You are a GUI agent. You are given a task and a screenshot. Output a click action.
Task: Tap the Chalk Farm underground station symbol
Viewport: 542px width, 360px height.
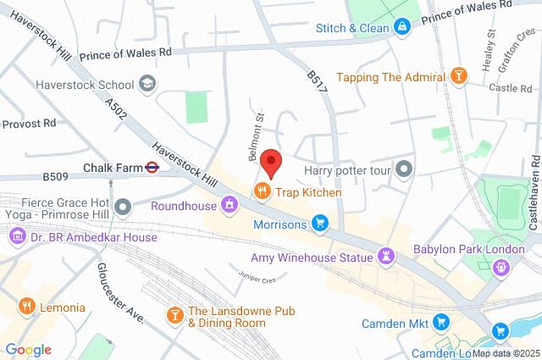pos(152,168)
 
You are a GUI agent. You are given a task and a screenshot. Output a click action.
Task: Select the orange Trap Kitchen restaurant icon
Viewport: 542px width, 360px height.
pos(263,192)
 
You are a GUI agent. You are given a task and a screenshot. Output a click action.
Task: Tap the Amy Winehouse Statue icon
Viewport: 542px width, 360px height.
pos(386,256)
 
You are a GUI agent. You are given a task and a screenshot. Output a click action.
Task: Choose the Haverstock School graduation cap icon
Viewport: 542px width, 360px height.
pos(147,84)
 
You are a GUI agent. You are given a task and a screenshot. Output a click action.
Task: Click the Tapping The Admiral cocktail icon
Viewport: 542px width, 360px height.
pos(458,77)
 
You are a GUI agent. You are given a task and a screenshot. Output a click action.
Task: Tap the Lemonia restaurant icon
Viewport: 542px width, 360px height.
pos(26,304)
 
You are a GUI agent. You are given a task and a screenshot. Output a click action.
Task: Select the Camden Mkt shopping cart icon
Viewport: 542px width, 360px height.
pos(440,322)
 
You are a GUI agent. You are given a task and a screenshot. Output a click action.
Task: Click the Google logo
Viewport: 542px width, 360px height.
pos(28,350)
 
